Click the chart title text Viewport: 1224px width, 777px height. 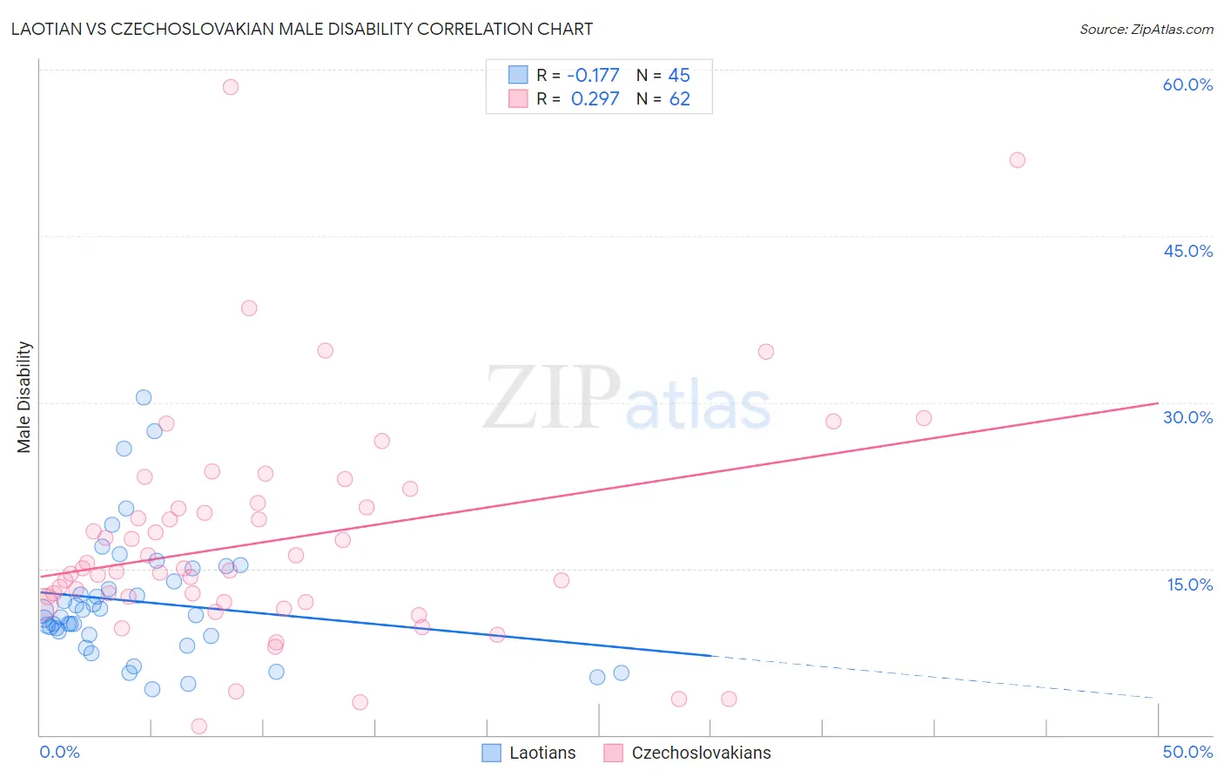pos(302,29)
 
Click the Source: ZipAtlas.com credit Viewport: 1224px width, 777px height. pos(1146,29)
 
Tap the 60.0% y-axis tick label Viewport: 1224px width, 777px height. pos(1187,84)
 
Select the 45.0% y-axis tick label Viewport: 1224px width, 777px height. pos(1187,251)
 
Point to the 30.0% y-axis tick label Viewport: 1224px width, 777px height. pos(1187,417)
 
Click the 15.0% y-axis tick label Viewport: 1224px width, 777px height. pos(1189,584)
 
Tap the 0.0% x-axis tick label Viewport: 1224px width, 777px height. pos(59,752)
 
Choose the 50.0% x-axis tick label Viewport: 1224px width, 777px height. pos(1187,752)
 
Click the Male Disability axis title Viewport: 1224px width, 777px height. pos(24,396)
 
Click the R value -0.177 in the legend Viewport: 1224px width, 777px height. pos(593,76)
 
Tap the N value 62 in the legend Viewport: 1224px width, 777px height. pos(679,99)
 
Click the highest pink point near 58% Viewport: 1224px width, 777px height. pos(231,86)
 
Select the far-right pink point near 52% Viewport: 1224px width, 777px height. pos(1017,160)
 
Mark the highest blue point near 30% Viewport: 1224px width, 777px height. pos(144,397)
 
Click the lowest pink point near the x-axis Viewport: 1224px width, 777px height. pos(198,726)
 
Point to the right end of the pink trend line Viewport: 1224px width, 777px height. pos(1158,403)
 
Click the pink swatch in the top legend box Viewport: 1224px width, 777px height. pos(518,98)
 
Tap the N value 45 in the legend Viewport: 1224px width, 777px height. pos(679,76)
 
